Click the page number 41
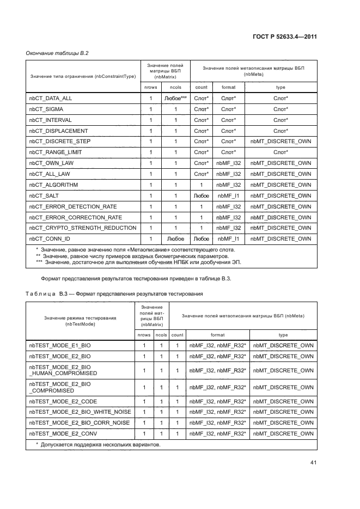pyautogui.click(x=313, y=463)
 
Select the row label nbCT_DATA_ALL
pyautogui.click(x=50, y=99)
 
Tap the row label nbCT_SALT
pyautogui.click(x=45, y=196)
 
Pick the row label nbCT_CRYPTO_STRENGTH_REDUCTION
pyautogui.click(x=82, y=228)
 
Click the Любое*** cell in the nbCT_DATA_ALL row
pyautogui.click(x=175, y=99)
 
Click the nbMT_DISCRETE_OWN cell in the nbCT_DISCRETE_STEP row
pyautogui.click(x=280, y=141)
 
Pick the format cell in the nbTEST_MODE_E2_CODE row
pyautogui.click(x=217, y=401)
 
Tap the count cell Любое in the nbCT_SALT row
pyautogui.click(x=201, y=196)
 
